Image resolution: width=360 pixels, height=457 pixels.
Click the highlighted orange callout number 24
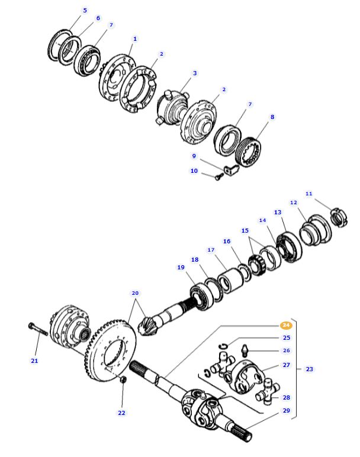pos(286,325)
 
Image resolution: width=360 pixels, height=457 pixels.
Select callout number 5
pos(85,10)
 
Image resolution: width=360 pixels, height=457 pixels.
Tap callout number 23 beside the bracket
pos(309,369)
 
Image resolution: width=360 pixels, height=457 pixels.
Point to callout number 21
pos(34,361)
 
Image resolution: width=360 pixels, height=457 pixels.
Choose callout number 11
pos(308,194)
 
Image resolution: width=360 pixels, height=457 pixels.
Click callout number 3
pos(194,73)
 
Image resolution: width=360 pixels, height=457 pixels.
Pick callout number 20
pos(135,293)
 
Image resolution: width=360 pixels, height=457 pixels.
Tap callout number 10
pos(194,170)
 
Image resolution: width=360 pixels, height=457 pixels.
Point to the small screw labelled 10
pos(218,175)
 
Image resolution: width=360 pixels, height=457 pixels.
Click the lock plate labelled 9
pos(233,170)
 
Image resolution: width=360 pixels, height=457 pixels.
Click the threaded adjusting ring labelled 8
pos(249,150)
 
